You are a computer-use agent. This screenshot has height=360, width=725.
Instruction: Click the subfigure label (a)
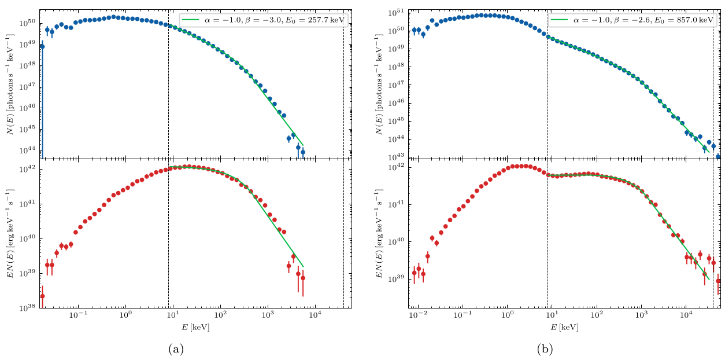coord(176,349)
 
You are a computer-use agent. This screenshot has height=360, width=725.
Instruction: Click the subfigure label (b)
coord(545,349)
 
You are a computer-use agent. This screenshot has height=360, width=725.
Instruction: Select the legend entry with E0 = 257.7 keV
coord(265,20)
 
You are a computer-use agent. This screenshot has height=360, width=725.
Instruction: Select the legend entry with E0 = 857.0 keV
coord(632,20)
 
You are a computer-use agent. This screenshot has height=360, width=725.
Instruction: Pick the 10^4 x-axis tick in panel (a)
coord(315,320)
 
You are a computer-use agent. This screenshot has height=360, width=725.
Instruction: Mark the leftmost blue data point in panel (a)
coord(42,46)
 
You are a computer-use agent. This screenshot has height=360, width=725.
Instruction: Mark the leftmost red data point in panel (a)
coord(42,296)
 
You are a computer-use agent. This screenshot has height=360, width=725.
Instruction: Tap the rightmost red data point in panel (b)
coord(718,281)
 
